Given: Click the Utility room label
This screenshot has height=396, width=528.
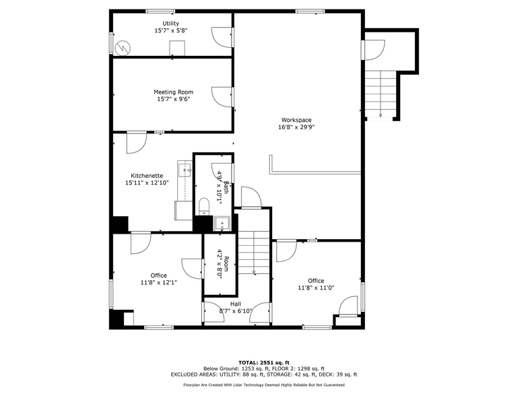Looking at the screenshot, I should (x=170, y=24).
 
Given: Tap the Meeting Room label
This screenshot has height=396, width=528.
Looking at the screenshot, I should (x=173, y=92).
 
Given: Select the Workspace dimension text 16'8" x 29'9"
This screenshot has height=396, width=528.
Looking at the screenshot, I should (x=296, y=127).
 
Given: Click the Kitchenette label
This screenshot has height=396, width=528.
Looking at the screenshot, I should (x=147, y=175).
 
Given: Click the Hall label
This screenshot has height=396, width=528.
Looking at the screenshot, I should (x=235, y=304).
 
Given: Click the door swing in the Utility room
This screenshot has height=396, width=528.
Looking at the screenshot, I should (x=220, y=36).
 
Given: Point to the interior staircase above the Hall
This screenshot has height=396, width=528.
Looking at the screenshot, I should (x=255, y=252).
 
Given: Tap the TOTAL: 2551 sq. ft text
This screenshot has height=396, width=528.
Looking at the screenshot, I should (x=263, y=362).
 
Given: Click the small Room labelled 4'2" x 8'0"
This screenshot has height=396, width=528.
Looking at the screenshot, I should (x=222, y=263).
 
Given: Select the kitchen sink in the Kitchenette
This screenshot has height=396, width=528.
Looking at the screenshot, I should (x=185, y=168).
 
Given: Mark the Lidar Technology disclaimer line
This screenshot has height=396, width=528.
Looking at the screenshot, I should (x=263, y=385).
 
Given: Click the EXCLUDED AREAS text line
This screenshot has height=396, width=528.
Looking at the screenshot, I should (x=263, y=374).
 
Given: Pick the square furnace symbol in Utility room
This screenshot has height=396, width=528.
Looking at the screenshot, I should (x=177, y=48).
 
